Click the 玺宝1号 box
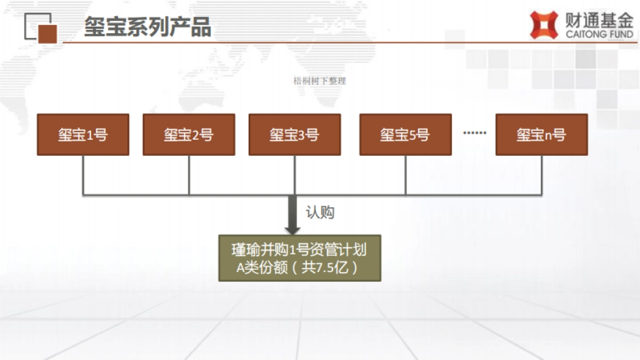point(83,134)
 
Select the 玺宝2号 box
point(189,134)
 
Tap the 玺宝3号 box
point(294,134)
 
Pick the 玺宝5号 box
point(405,134)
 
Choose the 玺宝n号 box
point(541,134)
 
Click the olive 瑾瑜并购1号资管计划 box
point(300,258)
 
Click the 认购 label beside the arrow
point(320,212)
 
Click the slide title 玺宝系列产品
point(148,27)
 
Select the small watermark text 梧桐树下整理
point(320,81)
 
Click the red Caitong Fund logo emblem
point(543,26)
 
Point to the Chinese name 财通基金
point(599,20)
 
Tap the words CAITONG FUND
point(599,35)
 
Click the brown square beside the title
point(47,33)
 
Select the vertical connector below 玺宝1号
point(83,175)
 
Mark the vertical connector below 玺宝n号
point(542,175)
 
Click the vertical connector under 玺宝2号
point(189,175)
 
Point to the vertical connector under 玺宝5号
point(405,175)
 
